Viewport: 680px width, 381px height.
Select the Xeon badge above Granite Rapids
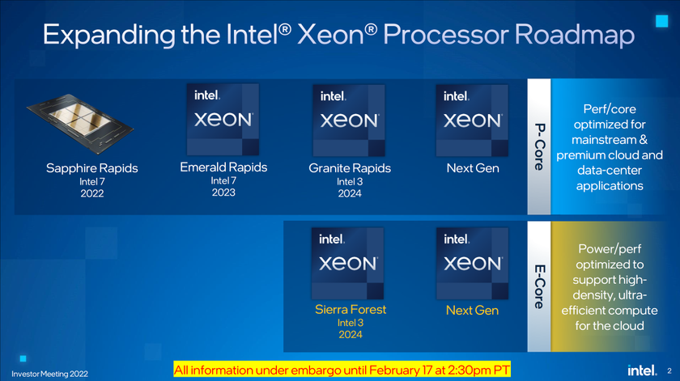pos(348,119)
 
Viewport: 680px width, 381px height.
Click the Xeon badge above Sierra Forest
pos(348,262)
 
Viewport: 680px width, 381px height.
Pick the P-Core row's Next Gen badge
pos(472,119)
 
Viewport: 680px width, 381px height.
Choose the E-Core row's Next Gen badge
pos(472,262)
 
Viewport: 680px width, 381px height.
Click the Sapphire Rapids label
pos(91,168)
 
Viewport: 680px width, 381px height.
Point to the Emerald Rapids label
pos(223,167)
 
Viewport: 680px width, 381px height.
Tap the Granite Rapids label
pos(350,168)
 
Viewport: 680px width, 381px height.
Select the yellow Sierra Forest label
pos(351,309)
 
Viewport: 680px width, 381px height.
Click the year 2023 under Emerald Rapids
pos(223,193)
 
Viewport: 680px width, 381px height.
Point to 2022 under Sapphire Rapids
pos(91,194)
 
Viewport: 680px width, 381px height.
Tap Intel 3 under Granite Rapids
pos(350,181)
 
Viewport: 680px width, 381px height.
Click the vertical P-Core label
pos(538,146)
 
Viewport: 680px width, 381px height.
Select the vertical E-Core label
pos(538,284)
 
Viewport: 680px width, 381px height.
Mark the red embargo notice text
pos(342,369)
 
